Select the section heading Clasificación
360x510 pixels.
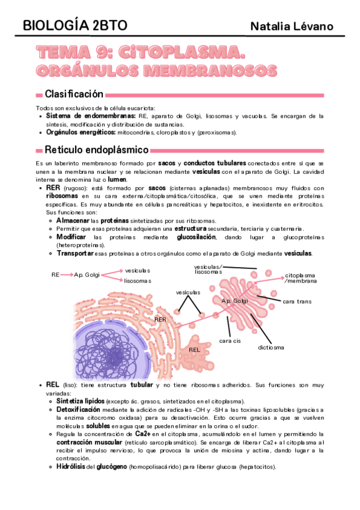tap(74, 94)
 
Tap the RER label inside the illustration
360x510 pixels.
tap(160, 319)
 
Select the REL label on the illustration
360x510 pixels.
tap(194, 349)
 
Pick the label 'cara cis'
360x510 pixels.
tap(230, 340)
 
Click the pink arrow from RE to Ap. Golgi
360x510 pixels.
tap(67, 275)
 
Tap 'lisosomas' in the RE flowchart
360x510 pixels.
tap(138, 281)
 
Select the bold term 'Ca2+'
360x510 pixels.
tap(143, 433)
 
